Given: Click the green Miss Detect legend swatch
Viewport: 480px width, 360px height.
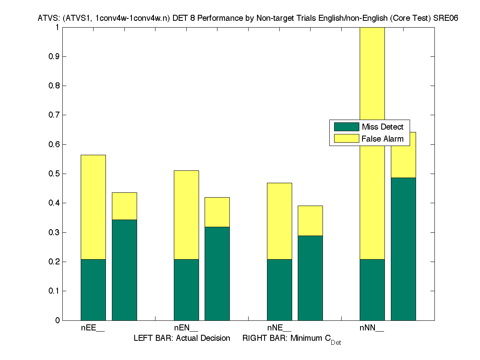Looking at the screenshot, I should pyautogui.click(x=347, y=127).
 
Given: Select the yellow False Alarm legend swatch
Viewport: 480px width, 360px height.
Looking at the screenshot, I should pyautogui.click(x=347, y=139).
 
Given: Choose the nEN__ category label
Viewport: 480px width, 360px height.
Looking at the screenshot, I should pyautogui.click(x=186, y=328).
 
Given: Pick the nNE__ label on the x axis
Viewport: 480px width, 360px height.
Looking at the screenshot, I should pyautogui.click(x=279, y=328).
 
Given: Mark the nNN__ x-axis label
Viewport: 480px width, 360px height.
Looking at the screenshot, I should pyautogui.click(x=372, y=328).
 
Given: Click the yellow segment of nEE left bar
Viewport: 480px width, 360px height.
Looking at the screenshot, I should pyautogui.click(x=93, y=207).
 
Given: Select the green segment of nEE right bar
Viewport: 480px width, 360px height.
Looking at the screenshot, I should pyautogui.click(x=124, y=270).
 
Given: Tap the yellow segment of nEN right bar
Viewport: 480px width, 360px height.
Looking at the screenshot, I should pyautogui.click(x=217, y=212).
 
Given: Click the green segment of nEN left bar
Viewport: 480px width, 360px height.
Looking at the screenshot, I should pyautogui.click(x=186, y=290).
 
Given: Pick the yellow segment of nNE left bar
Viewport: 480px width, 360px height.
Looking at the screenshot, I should pyautogui.click(x=279, y=221).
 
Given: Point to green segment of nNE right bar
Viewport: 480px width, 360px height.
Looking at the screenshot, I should pyautogui.click(x=310, y=278).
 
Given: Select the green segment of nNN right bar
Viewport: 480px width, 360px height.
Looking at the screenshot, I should pyautogui.click(x=403, y=249).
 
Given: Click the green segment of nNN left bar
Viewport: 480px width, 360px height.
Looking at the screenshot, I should pyautogui.click(x=372, y=290).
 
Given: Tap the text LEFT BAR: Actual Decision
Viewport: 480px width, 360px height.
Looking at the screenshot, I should pyautogui.click(x=182, y=338).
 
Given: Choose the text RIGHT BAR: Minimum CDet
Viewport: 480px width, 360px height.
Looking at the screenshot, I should pyautogui.click(x=291, y=339).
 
